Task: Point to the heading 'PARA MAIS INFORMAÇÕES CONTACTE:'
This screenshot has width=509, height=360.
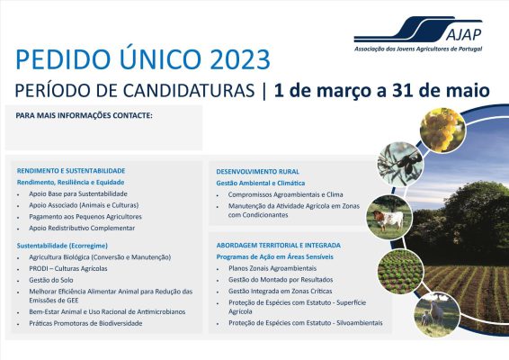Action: (85, 116)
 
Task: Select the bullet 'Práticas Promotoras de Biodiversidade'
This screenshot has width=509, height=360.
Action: (85, 323)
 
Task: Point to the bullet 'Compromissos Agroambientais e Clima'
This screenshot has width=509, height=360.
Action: (286, 193)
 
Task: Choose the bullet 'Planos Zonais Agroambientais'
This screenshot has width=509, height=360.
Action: (272, 268)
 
